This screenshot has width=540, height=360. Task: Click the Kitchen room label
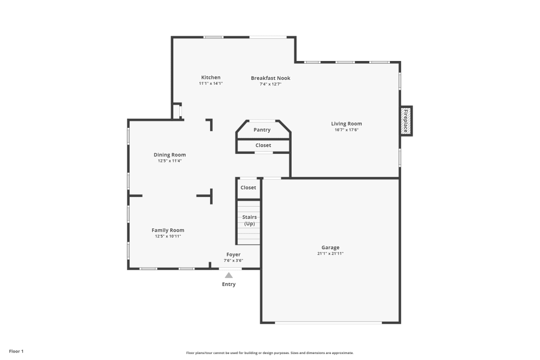(211, 77)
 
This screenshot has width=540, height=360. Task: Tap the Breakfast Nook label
(271, 78)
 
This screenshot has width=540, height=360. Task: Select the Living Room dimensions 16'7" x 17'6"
(347, 130)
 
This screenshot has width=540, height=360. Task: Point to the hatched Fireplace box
(406, 121)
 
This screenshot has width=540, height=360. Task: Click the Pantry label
(262, 130)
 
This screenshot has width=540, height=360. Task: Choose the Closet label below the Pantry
(263, 145)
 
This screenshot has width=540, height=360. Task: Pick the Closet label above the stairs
(248, 188)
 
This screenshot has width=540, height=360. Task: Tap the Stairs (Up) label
(249, 220)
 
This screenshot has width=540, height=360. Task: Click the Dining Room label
(170, 155)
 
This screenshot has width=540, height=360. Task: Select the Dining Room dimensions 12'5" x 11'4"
(170, 161)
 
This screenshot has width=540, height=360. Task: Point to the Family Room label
(168, 230)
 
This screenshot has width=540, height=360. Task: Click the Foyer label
(233, 255)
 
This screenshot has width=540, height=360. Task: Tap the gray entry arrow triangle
(228, 275)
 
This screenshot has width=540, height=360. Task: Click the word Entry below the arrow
(228, 284)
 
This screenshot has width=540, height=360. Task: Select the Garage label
(330, 247)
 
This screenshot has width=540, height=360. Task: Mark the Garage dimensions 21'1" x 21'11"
(330, 254)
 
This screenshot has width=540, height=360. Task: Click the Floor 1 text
(16, 351)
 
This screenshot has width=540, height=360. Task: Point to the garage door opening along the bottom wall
(328, 323)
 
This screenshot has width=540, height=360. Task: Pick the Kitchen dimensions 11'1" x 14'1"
(211, 83)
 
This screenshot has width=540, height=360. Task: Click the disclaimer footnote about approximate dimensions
(270, 353)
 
